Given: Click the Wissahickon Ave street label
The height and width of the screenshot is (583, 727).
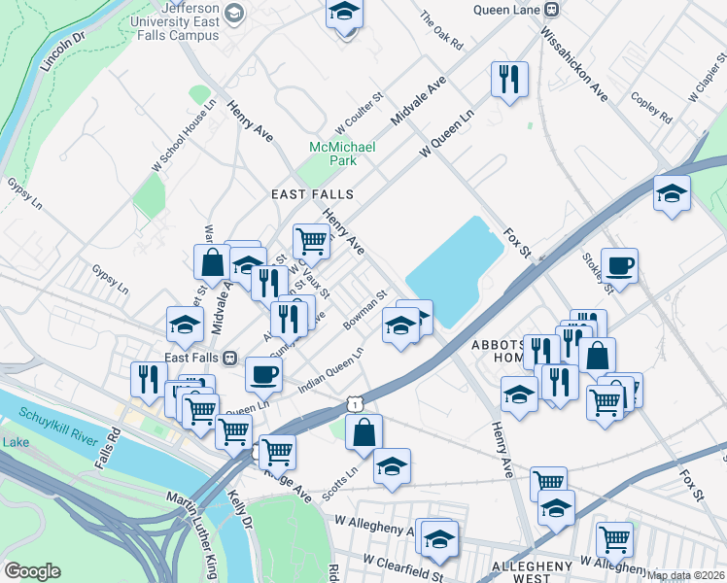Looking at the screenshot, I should pyautogui.click(x=573, y=64).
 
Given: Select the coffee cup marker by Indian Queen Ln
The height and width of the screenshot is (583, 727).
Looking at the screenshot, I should pyautogui.click(x=262, y=373).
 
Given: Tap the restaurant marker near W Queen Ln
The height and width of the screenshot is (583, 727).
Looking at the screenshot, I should pyautogui.click(x=509, y=78).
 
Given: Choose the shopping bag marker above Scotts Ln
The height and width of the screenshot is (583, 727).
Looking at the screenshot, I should pyautogui.click(x=363, y=432).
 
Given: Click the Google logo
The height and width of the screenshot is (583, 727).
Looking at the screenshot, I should pyautogui.click(x=32, y=571).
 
